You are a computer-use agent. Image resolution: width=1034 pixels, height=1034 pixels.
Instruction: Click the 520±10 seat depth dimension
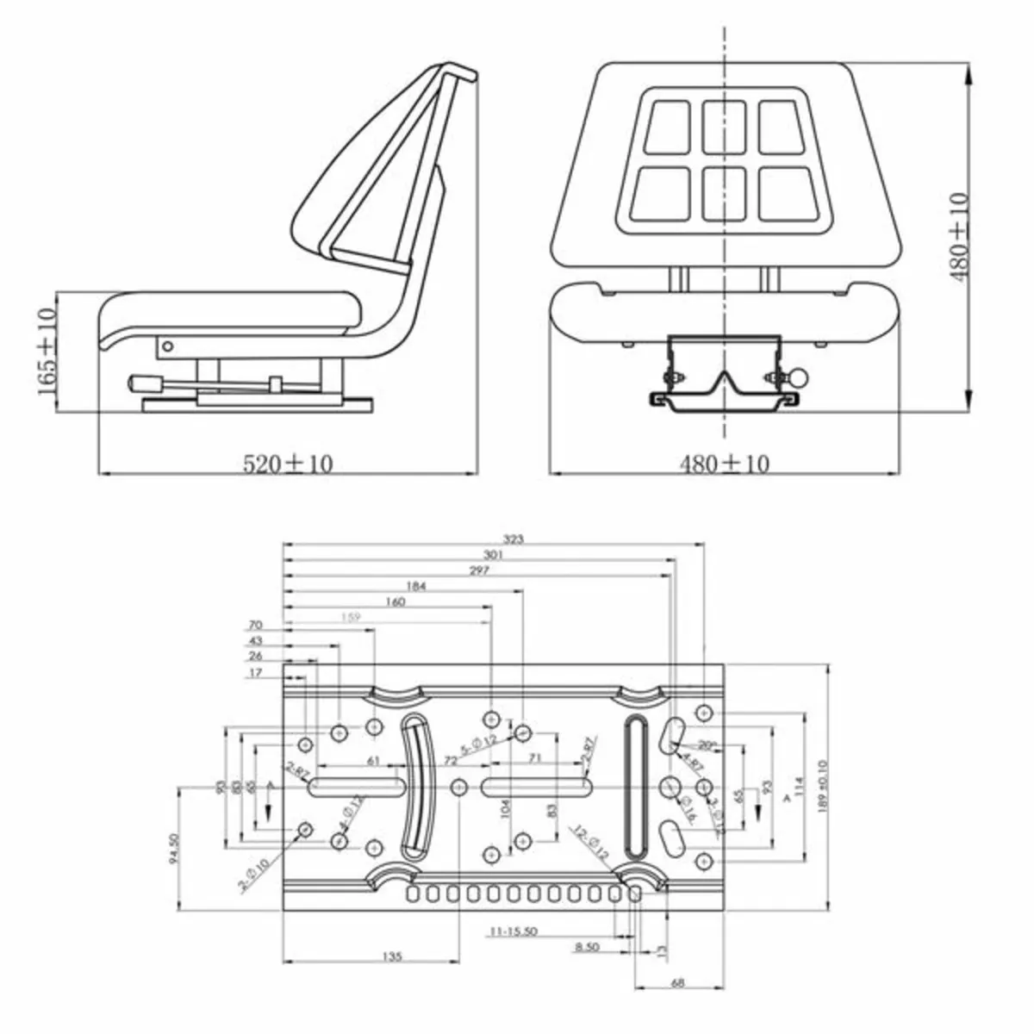287,464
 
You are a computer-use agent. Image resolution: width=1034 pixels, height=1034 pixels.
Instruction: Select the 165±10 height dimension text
47,352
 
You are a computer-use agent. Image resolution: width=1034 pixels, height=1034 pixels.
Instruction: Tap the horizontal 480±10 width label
724,464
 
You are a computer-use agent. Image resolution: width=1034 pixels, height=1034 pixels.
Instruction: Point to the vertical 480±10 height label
959,236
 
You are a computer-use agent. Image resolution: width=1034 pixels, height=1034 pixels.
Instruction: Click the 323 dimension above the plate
513,539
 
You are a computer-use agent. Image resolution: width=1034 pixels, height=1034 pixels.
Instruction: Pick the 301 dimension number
493,555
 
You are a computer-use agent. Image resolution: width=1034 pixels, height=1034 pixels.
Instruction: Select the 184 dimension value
415,587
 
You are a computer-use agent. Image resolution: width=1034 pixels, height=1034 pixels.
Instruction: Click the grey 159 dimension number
351,618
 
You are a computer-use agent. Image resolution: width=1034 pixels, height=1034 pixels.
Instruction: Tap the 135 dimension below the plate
392,956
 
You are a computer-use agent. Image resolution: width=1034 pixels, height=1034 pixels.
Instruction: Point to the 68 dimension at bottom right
677,983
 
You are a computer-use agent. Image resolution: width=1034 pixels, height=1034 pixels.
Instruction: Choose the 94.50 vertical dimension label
175,848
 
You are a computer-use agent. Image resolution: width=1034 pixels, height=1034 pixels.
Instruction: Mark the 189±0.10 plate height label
823,786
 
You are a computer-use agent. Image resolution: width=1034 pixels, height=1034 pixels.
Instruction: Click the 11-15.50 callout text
514,932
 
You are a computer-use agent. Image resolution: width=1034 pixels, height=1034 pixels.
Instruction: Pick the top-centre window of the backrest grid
723,126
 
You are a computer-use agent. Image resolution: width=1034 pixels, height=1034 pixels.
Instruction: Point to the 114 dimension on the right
798,786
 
